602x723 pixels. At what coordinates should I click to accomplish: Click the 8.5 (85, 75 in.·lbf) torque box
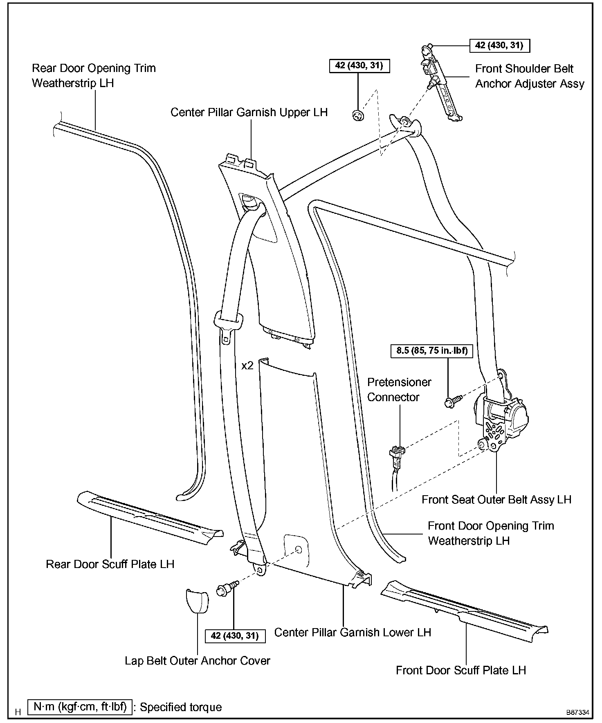[x=432, y=350]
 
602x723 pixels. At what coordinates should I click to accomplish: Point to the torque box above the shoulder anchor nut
[x=359, y=65]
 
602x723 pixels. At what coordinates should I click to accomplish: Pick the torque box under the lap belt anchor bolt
[x=235, y=636]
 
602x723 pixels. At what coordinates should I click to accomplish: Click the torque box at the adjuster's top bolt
[x=499, y=45]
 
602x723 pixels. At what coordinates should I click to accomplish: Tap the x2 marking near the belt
[x=247, y=365]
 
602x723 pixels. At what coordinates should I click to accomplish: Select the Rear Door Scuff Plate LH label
[x=110, y=564]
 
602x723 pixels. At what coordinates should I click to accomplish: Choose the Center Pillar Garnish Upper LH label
[x=249, y=112]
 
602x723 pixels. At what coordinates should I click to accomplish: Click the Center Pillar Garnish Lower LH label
[x=353, y=632]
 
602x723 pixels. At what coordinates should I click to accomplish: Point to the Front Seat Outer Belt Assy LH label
[x=496, y=499]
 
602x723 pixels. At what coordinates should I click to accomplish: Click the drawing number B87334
[x=577, y=712]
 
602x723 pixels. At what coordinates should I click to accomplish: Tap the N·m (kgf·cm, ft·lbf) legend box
[x=80, y=707]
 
